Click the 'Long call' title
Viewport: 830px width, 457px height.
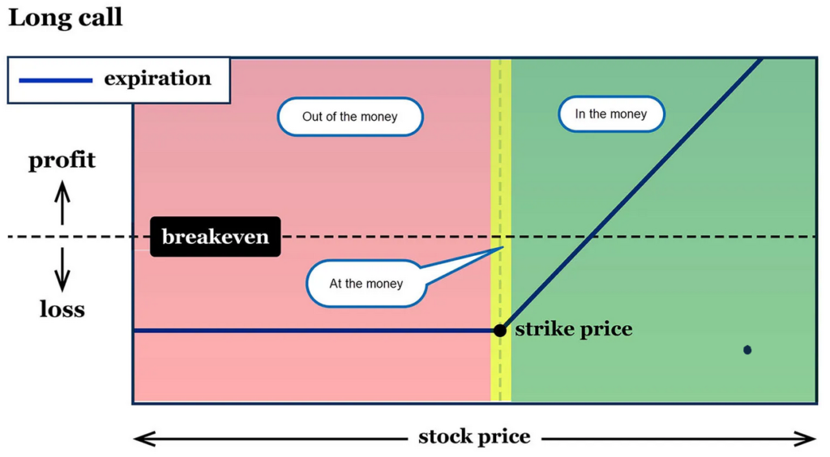pyautogui.click(x=65, y=18)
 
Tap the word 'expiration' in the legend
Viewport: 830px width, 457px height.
pyautogui.click(x=157, y=79)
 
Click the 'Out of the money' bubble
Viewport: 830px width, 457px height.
pyautogui.click(x=349, y=117)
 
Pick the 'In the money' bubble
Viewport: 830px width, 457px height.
pyautogui.click(x=610, y=114)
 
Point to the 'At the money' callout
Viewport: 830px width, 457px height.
pyautogui.click(x=366, y=284)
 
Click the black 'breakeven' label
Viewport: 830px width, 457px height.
pyautogui.click(x=215, y=237)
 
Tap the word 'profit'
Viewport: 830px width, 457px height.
pyautogui.click(x=62, y=160)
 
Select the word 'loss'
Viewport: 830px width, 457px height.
pyautogui.click(x=62, y=310)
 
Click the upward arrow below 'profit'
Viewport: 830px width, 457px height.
pyautogui.click(x=62, y=203)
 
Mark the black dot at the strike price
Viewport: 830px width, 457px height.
pyautogui.click(x=500, y=330)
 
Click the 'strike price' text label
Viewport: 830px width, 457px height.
pyautogui.click(x=573, y=330)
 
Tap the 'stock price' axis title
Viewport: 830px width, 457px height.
pyautogui.click(x=474, y=438)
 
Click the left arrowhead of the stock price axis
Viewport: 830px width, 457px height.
pyautogui.click(x=141, y=438)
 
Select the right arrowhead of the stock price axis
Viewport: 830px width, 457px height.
pyautogui.click(x=808, y=438)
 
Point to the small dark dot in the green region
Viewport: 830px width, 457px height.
pyautogui.click(x=747, y=350)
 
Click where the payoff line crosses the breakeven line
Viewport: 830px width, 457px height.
pyautogui.click(x=594, y=237)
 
